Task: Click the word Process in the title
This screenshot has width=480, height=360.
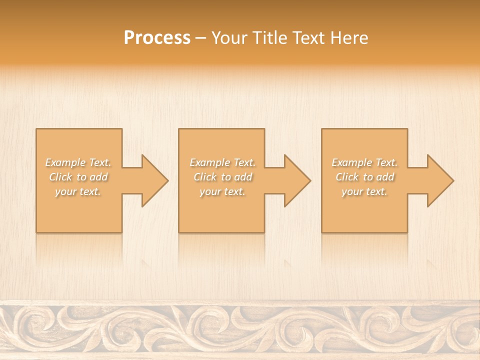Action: [157, 38]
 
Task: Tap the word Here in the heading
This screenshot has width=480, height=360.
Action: [350, 38]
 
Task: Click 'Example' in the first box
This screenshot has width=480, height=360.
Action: [65, 162]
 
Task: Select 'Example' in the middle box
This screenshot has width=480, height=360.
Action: [209, 162]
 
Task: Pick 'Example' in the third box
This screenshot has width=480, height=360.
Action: [351, 162]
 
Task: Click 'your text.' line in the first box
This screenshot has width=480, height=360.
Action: [78, 191]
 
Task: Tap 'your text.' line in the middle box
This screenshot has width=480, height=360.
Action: [222, 191]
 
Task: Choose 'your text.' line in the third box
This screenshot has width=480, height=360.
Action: [364, 191]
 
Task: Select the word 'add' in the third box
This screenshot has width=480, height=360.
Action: [385, 177]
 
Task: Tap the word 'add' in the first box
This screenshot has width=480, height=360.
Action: [99, 177]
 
